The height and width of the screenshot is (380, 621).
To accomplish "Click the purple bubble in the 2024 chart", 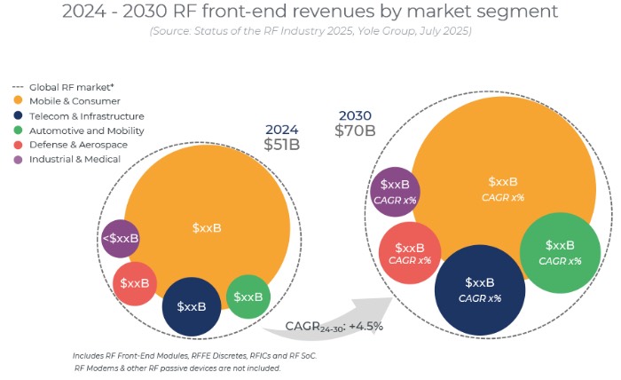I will [x=121, y=238].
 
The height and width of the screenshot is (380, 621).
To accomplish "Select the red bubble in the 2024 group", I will [x=135, y=283].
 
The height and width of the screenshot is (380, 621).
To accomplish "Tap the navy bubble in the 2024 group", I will [x=192, y=306].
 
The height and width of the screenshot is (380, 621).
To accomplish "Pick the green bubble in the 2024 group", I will [x=248, y=297].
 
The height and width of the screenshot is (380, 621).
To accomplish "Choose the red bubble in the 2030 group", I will [x=409, y=253].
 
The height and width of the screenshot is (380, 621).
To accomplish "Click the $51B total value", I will [x=281, y=146].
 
